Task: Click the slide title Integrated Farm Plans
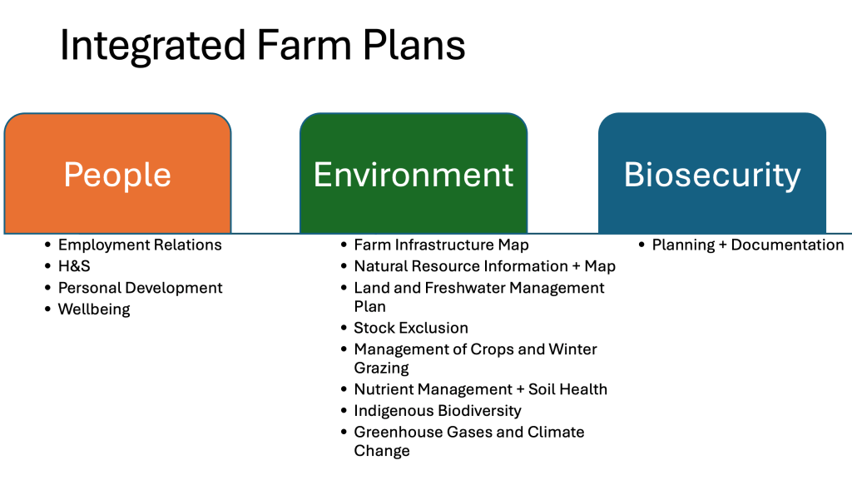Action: click(262, 45)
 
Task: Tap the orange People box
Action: click(118, 174)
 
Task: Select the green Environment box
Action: click(414, 174)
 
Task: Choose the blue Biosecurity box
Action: click(712, 174)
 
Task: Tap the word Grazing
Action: click(381, 369)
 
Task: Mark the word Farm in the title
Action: click(304, 45)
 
